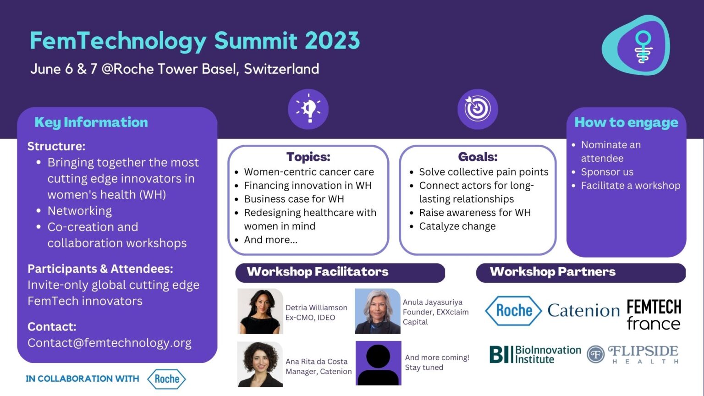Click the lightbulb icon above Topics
click(x=308, y=109)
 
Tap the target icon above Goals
click(x=478, y=109)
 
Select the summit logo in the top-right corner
click(x=636, y=45)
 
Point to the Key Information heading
click(x=91, y=122)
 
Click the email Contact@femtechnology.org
click(x=110, y=343)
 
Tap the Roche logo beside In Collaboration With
click(x=166, y=379)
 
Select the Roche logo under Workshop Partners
click(x=513, y=310)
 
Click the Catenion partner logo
click(x=583, y=310)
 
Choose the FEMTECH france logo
click(x=654, y=314)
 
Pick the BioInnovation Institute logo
click(x=535, y=354)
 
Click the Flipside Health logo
click(x=632, y=354)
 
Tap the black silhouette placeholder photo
click(x=379, y=363)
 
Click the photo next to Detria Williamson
click(x=260, y=311)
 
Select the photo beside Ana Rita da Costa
click(x=260, y=364)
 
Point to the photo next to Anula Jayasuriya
click(x=378, y=311)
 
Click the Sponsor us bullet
click(x=607, y=172)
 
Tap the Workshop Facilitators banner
click(x=340, y=273)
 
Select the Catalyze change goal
click(x=457, y=226)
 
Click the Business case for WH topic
click(x=294, y=199)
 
